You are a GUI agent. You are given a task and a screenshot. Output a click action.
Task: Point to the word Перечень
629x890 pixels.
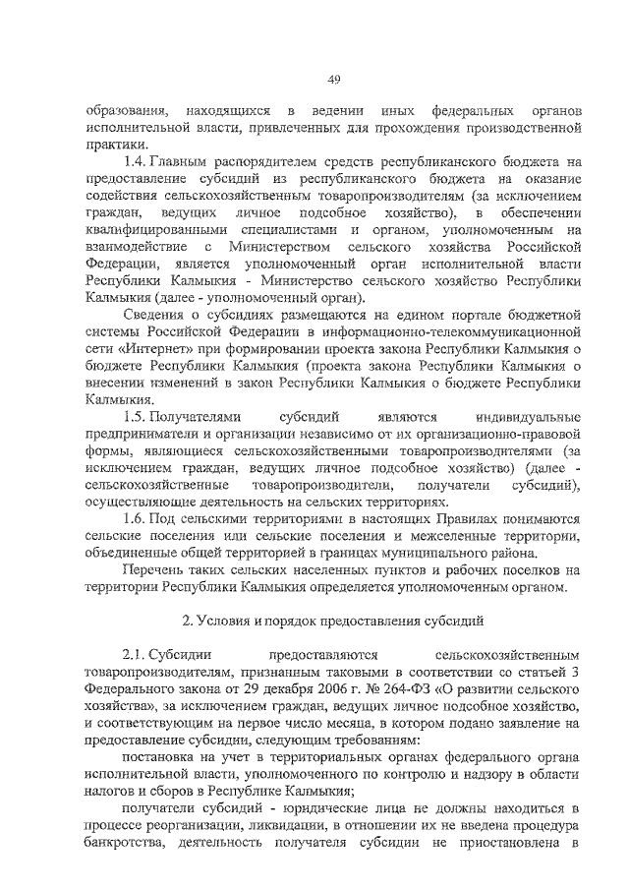[x=156, y=569]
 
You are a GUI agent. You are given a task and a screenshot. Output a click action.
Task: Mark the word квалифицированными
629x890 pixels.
[x=144, y=230]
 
